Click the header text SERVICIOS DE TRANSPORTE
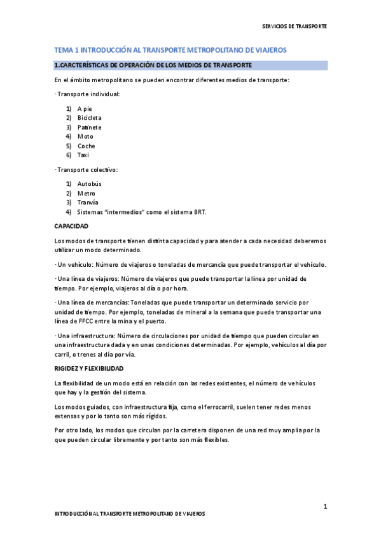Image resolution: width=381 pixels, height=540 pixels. [294, 27]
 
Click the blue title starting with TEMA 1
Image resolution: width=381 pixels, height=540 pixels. [170, 50]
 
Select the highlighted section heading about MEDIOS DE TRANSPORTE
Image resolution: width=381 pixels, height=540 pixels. [153, 65]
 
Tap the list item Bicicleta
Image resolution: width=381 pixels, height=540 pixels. [89, 118]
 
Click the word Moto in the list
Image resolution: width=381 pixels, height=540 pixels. [85, 136]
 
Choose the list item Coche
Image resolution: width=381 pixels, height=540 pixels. [87, 146]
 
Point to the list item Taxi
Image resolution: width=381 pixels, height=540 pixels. [83, 155]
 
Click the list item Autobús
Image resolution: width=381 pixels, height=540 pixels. [90, 184]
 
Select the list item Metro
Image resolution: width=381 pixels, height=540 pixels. [87, 193]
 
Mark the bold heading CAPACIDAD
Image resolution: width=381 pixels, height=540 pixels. [71, 226]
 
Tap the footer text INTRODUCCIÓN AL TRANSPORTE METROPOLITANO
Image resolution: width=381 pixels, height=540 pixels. [130, 513]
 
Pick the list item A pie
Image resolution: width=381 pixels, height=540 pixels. [85, 109]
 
